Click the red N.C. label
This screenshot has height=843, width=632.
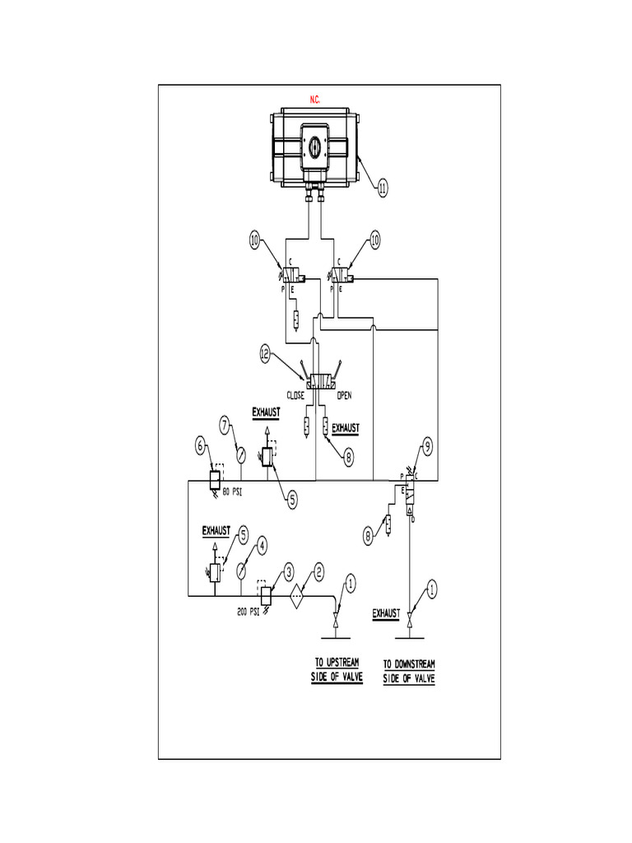click(x=315, y=100)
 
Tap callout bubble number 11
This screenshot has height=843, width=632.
click(x=383, y=189)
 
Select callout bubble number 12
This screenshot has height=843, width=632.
click(x=265, y=354)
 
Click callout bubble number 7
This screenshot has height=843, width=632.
click(x=225, y=425)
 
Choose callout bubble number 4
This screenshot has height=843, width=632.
click(x=261, y=543)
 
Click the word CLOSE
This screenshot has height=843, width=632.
click(x=295, y=395)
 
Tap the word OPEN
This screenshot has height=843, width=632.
click(x=344, y=395)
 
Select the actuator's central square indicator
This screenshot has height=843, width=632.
click(x=315, y=146)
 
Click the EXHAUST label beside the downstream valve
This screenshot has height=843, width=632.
click(x=386, y=613)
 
